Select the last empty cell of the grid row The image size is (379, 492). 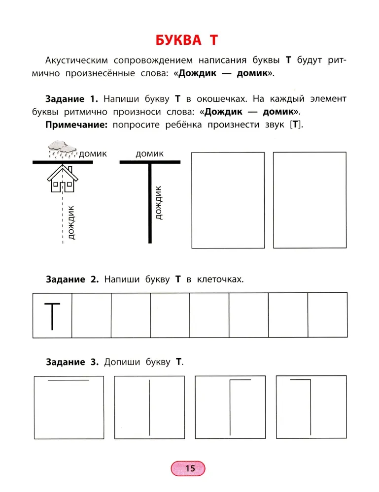(x=327, y=315)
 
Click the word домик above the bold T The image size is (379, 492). (x=149, y=154)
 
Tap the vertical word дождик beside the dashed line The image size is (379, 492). (x=72, y=222)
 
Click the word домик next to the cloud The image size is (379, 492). (x=93, y=154)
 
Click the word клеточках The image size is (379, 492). (x=220, y=279)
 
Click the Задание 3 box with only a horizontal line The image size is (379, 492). (x=69, y=407)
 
